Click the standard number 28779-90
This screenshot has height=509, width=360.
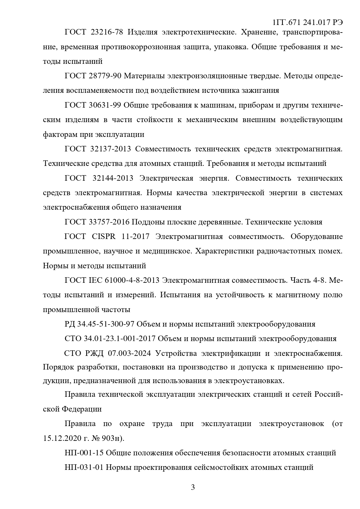(x=105, y=76)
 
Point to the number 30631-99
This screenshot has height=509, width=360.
(x=105, y=105)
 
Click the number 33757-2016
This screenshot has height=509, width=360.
(x=109, y=222)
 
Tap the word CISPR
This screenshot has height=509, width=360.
(x=104, y=237)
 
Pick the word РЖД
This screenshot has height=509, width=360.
(x=92, y=353)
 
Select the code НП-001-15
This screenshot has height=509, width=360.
(x=84, y=453)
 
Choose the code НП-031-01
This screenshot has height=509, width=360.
(x=84, y=467)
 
